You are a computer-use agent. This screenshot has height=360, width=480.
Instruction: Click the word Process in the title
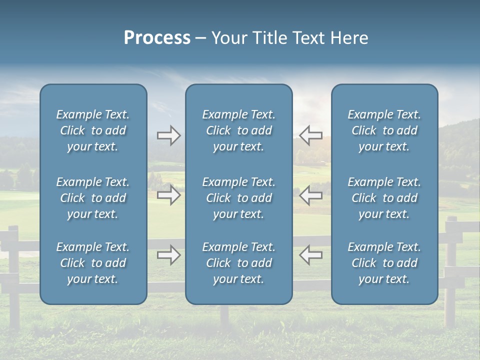tap(157, 38)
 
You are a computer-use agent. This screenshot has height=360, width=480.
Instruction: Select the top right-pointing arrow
tap(168, 135)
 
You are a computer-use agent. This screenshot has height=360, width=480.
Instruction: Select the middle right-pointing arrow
tap(168, 195)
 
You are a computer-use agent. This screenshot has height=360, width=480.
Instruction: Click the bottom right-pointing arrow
tap(168, 255)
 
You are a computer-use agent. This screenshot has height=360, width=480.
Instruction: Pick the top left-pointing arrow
tap(311, 135)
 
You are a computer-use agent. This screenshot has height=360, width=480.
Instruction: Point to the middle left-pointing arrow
tap(311, 195)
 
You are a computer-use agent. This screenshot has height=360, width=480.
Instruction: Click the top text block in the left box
tap(93, 130)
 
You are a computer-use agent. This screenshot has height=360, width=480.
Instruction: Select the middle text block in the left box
tap(93, 198)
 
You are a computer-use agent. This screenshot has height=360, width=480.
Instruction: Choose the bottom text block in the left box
tap(93, 263)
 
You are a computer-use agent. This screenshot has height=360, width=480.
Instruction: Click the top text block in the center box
tap(238, 130)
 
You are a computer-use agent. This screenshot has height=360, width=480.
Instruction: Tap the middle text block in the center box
tap(238, 198)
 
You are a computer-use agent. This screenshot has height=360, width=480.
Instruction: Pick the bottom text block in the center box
tap(238, 263)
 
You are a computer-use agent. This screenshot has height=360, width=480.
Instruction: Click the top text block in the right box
tap(384, 130)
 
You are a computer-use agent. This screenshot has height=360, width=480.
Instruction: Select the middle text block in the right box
tap(384, 198)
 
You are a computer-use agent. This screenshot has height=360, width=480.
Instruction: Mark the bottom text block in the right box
tap(384, 263)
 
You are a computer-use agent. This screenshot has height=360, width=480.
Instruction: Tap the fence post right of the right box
tap(451, 270)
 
